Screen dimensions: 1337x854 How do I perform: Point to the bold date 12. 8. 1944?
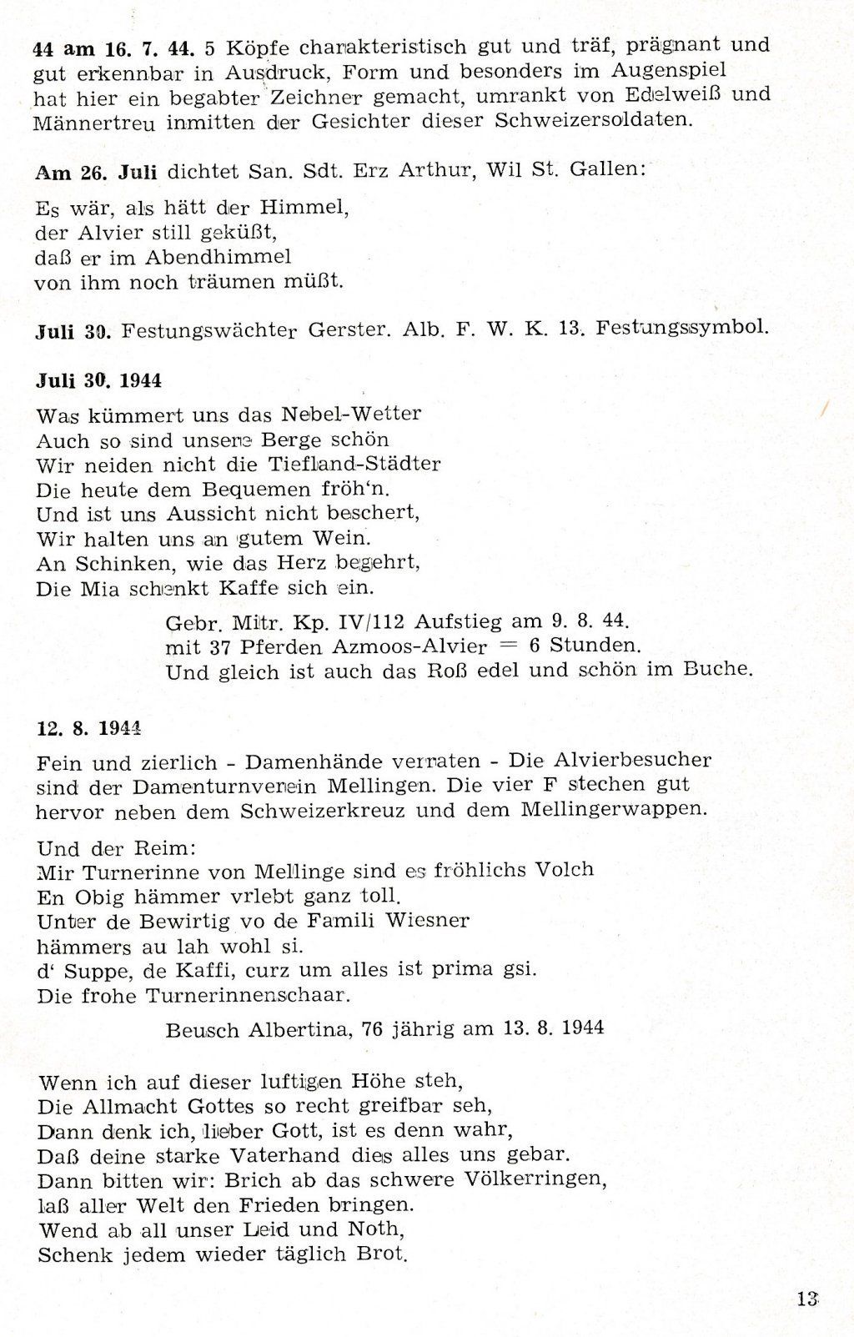tap(88, 726)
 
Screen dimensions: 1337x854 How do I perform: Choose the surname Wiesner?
tap(427, 921)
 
